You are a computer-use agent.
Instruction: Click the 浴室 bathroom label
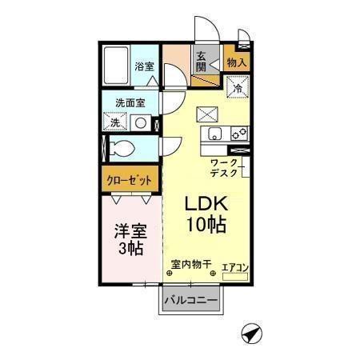(144, 66)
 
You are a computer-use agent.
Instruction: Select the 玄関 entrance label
(202, 61)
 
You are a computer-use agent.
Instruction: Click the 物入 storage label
(236, 62)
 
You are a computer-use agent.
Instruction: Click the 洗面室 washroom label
(130, 103)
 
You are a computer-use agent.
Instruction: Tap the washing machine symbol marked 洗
(116, 123)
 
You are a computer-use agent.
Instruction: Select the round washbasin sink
(141, 123)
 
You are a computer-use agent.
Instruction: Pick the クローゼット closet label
(129, 180)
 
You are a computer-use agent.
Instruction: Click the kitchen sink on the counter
(214, 134)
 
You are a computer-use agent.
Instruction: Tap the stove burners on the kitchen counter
(238, 134)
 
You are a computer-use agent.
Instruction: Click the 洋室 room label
(127, 231)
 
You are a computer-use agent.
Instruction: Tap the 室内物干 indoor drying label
(190, 264)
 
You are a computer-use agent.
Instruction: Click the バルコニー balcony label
(191, 302)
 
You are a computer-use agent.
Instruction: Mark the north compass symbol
(250, 333)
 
